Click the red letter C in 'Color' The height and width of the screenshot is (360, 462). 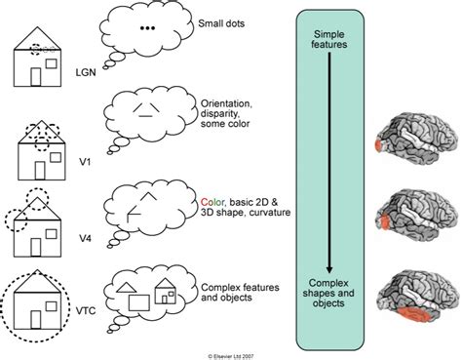(x=203, y=191)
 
